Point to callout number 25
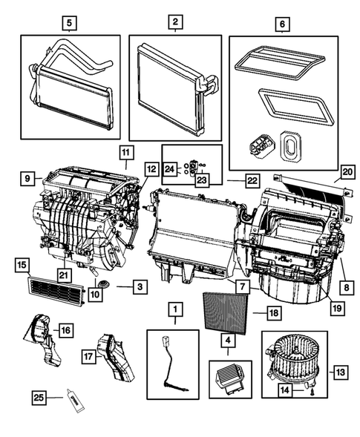click(39, 399)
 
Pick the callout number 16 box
click(65, 329)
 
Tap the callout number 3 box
click(137, 284)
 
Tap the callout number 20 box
click(346, 172)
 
